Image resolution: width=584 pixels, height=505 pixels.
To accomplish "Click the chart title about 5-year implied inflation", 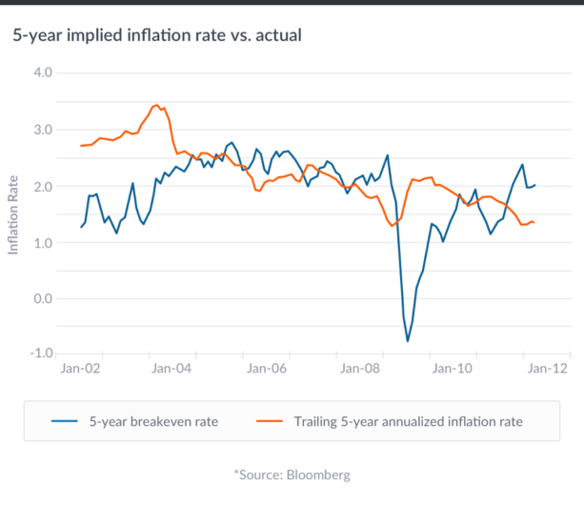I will [157, 36].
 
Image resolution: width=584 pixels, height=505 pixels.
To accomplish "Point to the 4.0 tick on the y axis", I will [44, 73].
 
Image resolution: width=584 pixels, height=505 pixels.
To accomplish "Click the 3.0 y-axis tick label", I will [44, 130].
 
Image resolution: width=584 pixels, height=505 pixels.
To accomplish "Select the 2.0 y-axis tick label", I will [44, 186].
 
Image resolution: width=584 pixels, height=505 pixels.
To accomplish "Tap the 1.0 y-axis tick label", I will [44, 242].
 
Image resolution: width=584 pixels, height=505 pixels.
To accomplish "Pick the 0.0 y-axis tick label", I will [44, 298].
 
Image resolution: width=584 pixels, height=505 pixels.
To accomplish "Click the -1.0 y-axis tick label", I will [42, 353].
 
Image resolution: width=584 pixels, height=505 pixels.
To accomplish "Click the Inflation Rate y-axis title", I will [13, 213].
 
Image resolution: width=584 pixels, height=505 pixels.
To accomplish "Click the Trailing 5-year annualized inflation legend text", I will [409, 419].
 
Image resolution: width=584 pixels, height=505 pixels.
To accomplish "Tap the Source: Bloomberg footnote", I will [292, 474].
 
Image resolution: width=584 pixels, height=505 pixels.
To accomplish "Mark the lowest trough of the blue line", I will [408, 340].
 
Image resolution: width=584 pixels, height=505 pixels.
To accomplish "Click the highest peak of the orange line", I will [156, 105].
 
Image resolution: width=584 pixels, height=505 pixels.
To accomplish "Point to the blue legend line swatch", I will [64, 419].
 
